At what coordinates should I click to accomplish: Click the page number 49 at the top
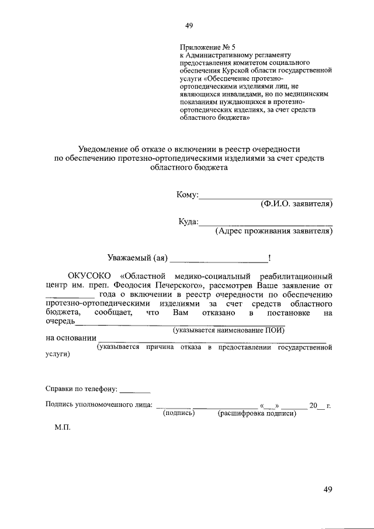(188, 26)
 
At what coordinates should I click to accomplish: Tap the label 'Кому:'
(188, 195)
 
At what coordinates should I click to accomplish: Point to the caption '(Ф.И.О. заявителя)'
(296, 205)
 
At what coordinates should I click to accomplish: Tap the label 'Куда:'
(189, 222)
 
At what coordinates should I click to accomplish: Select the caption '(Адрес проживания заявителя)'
(273, 231)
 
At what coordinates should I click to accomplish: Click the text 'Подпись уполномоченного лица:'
(99, 404)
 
